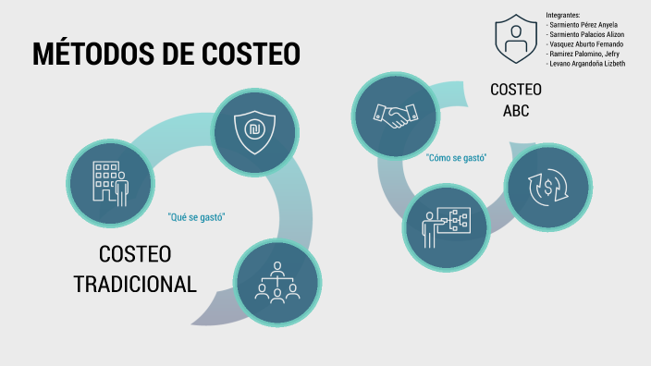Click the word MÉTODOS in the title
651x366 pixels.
coord(95,54)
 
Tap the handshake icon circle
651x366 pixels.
coord(395,114)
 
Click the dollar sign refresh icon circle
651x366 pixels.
coord(548,187)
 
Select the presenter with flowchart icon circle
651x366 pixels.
coord(448,225)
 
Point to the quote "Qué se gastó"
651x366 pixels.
coord(197,217)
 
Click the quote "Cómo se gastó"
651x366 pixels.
coord(457,157)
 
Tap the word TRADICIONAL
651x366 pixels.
coord(135,284)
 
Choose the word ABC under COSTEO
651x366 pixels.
coord(517,111)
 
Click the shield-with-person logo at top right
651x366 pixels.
coord(515,38)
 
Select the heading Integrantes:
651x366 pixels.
coord(562,15)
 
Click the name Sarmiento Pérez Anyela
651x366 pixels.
coord(583,25)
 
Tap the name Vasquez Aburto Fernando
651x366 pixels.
coord(585,44)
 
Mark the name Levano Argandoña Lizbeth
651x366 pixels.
coord(586,64)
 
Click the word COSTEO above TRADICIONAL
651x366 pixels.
coord(135,255)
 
